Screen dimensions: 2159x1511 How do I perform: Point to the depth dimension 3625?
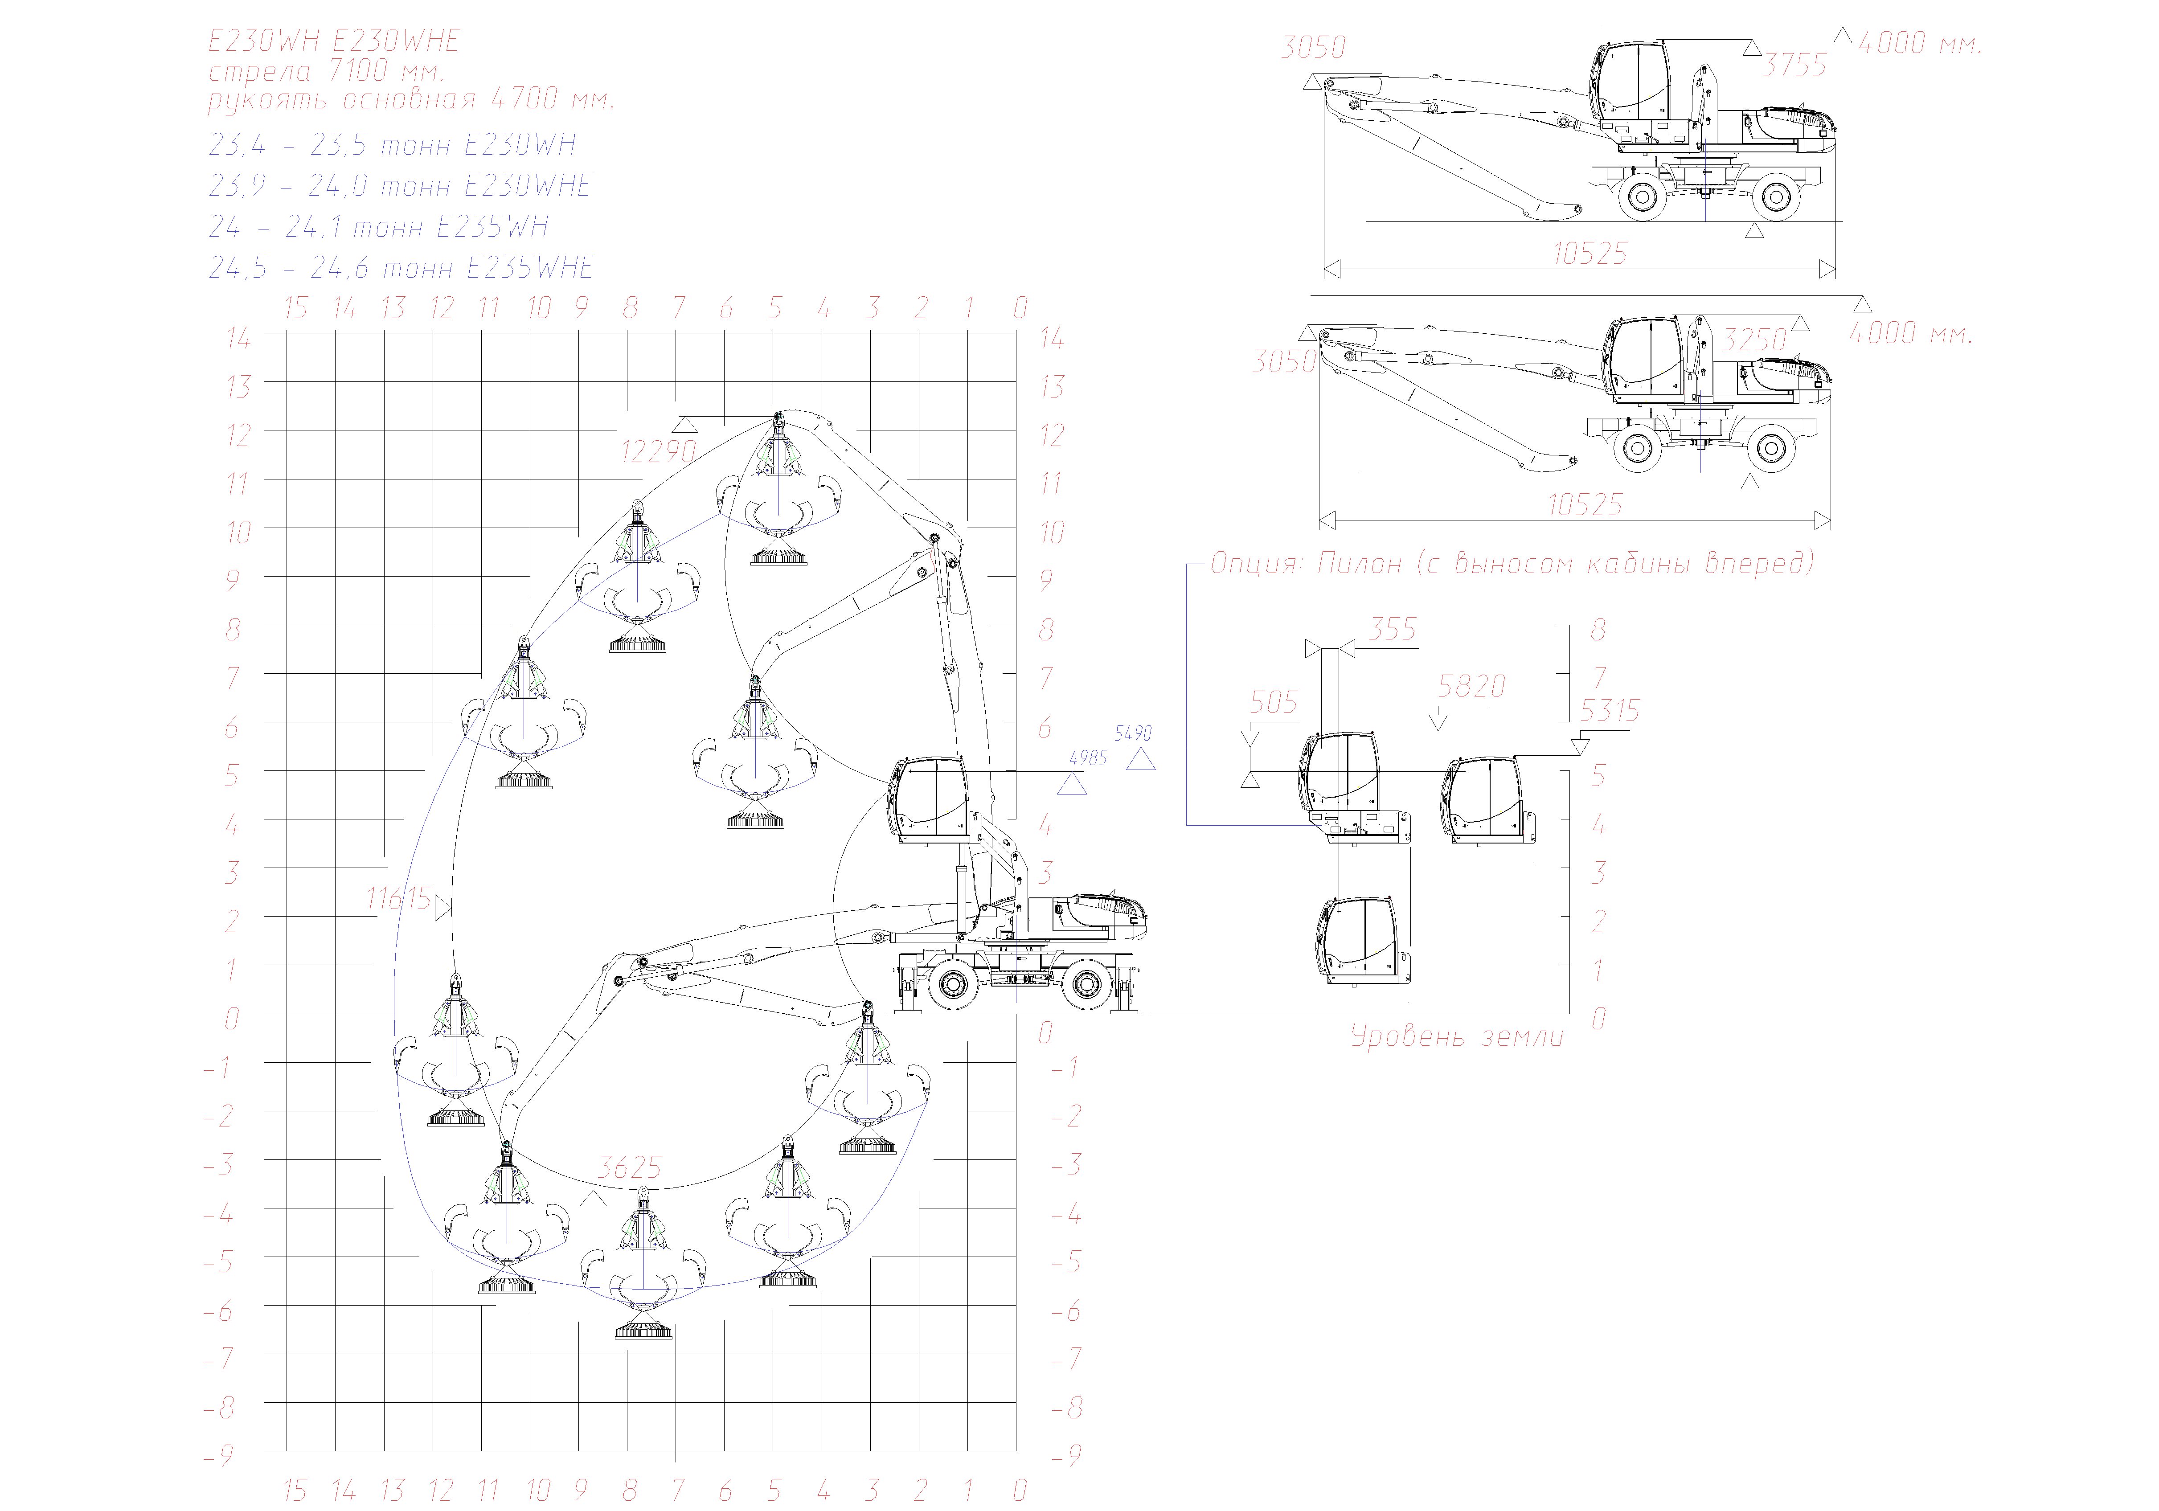tap(630, 1168)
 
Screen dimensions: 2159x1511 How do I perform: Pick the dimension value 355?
tap(1393, 629)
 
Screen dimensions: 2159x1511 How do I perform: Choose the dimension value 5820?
tap(1471, 686)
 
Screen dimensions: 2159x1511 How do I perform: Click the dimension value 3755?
tap(1794, 65)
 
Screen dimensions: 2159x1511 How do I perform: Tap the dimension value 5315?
tap(1610, 711)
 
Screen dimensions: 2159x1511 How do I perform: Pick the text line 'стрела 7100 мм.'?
tap(325, 70)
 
